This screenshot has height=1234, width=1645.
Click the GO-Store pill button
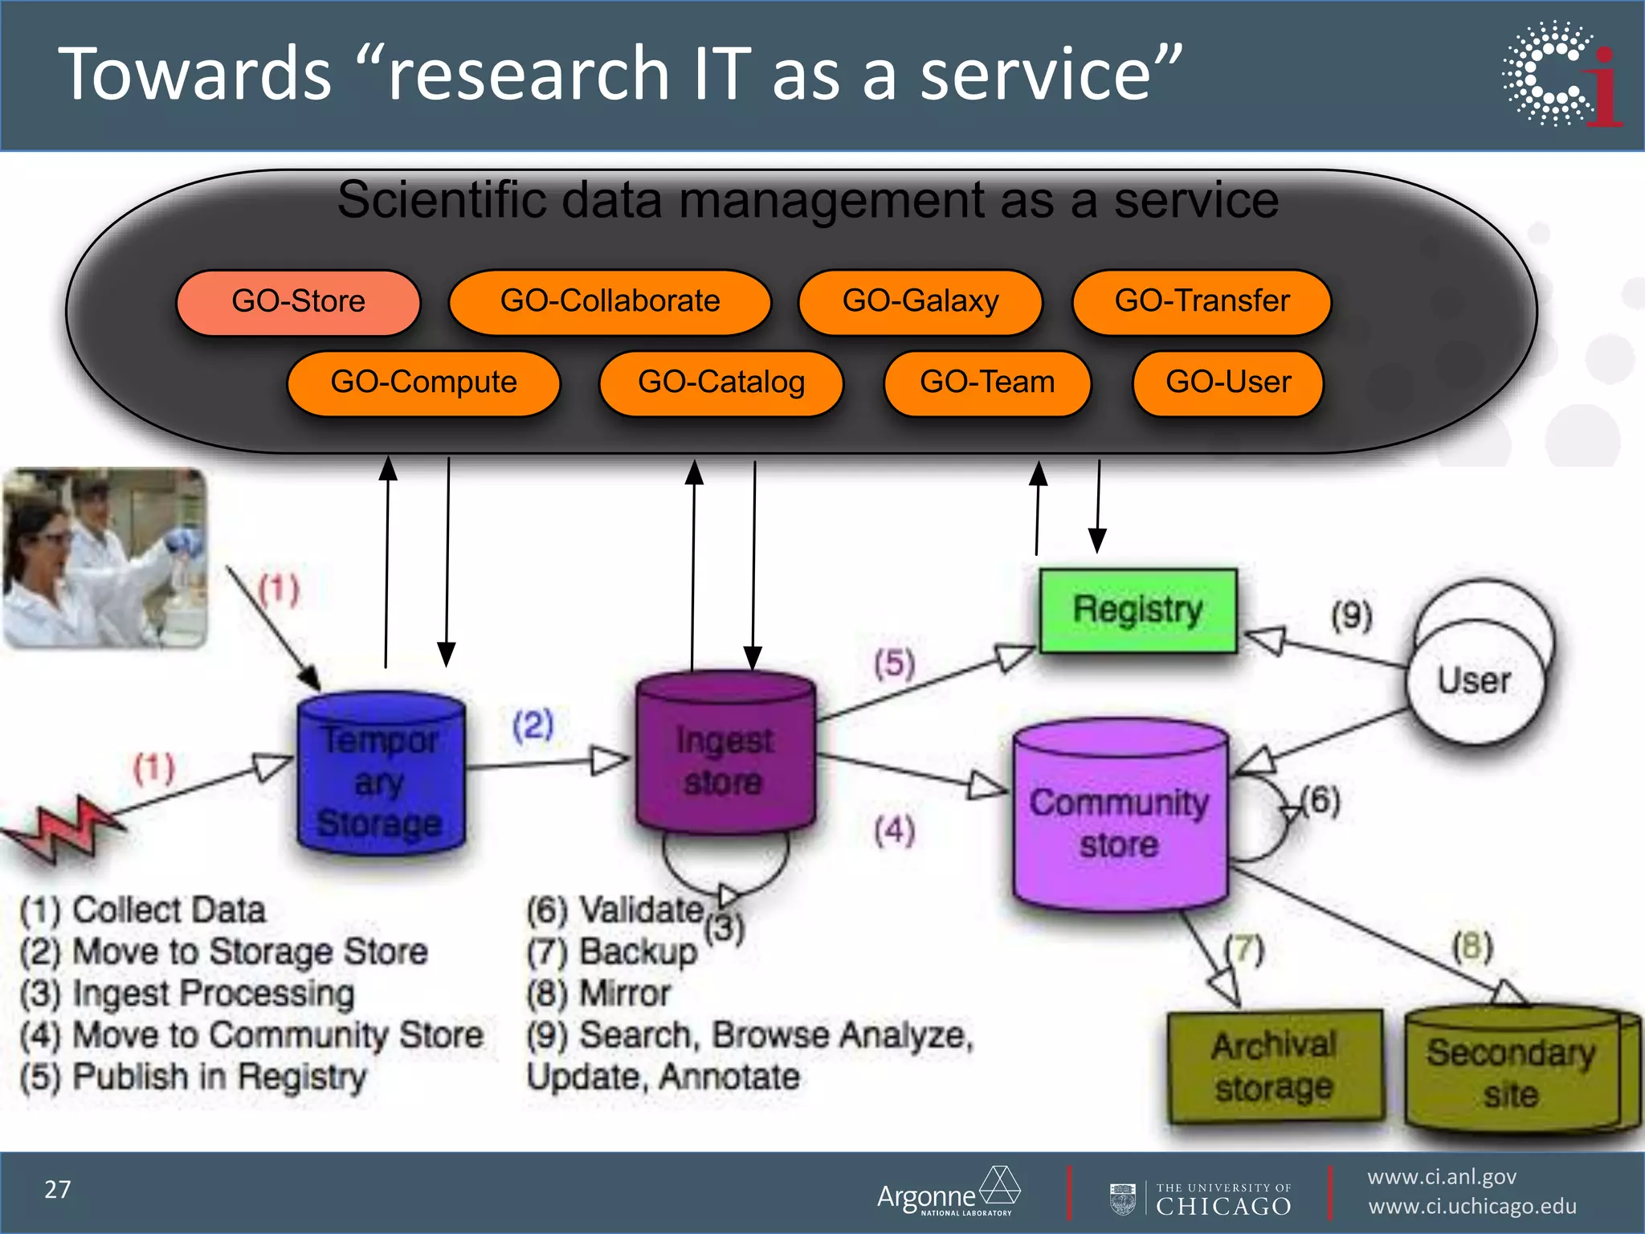(x=298, y=302)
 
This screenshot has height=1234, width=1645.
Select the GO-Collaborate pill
(x=610, y=302)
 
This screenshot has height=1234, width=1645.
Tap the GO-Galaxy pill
(x=920, y=302)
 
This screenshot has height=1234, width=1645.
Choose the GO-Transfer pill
(x=1202, y=302)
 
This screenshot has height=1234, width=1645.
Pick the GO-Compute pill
(x=423, y=383)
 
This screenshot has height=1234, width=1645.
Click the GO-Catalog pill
(x=721, y=383)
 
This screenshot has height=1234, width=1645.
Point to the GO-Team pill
(x=987, y=383)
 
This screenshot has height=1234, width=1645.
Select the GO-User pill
(x=1228, y=383)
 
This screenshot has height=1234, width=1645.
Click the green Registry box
(x=1137, y=610)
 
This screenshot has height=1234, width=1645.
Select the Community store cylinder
(x=1120, y=819)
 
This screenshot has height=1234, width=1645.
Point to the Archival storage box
(x=1275, y=1066)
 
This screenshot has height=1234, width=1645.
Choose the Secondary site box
(x=1512, y=1073)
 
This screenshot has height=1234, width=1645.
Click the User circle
(x=1476, y=681)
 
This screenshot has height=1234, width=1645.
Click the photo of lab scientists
(x=105, y=558)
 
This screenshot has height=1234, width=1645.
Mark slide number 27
(x=58, y=1190)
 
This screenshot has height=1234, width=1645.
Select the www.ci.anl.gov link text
(x=1442, y=1177)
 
